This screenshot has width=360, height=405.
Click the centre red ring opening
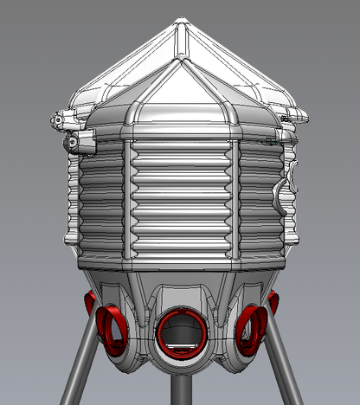point(183,333)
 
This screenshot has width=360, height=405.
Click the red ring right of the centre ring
point(252,327)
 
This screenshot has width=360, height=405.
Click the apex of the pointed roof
point(182,22)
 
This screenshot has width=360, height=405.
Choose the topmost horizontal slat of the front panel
point(182,146)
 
